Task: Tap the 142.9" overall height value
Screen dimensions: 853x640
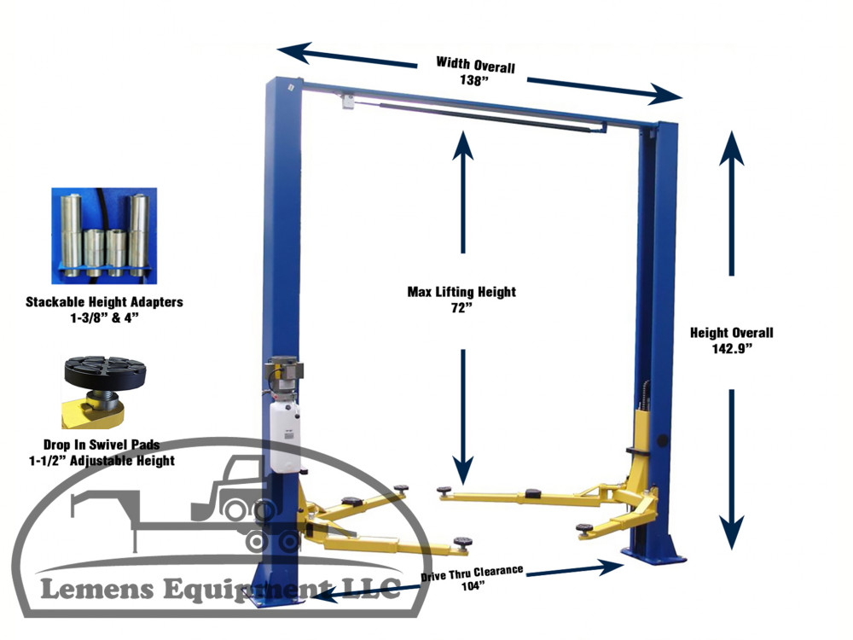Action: tap(732, 348)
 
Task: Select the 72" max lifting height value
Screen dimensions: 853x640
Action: tap(461, 308)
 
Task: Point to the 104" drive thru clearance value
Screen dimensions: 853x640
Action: tap(473, 586)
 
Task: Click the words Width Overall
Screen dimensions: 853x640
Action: tap(475, 65)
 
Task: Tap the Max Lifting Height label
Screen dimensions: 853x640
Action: tap(461, 292)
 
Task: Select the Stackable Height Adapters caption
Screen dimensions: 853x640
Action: tap(104, 301)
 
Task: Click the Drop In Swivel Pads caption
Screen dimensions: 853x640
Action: tap(102, 445)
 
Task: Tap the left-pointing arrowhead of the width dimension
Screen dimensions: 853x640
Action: tap(293, 52)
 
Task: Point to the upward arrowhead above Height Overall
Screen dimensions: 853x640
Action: tap(731, 148)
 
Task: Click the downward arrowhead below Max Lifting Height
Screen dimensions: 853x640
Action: tap(463, 470)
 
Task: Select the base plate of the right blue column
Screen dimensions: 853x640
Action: tap(654, 556)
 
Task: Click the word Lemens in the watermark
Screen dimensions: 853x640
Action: tap(97, 590)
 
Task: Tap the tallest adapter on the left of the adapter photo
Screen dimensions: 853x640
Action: tap(71, 230)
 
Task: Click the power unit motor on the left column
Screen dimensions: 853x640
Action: tap(283, 372)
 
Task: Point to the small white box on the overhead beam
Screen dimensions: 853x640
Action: tap(348, 102)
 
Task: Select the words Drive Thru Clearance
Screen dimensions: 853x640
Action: tap(473, 573)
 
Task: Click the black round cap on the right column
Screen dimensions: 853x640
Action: tap(663, 439)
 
